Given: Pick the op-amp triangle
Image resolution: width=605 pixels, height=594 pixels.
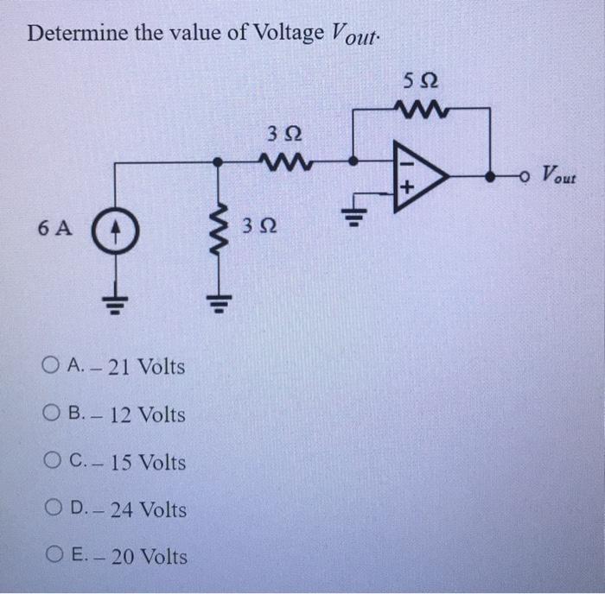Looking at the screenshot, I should tap(418, 175).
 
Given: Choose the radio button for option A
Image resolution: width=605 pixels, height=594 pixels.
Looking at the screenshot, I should tap(48, 367).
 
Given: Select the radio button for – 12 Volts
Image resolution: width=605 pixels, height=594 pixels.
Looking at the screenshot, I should tap(48, 414).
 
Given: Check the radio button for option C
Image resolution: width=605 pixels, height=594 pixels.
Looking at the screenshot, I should tap(48, 462).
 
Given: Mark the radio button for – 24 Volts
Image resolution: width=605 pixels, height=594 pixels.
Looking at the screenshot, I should tap(48, 509).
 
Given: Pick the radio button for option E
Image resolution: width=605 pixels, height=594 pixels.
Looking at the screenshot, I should tap(48, 557).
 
